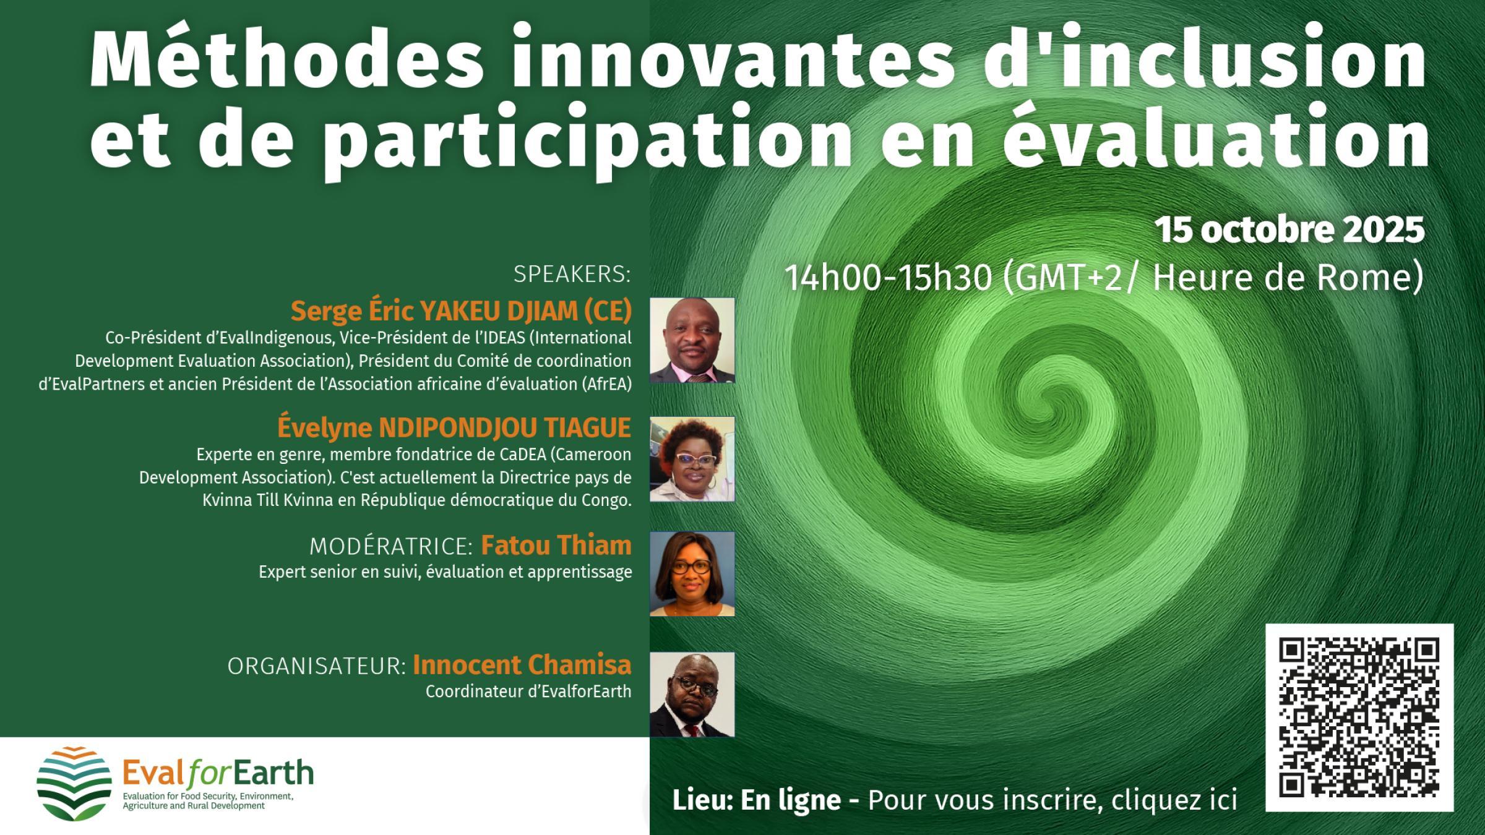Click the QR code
(x=1359, y=717)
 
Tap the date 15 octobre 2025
(x=1289, y=230)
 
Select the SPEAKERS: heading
(x=572, y=274)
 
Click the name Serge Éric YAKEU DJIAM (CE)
(x=462, y=311)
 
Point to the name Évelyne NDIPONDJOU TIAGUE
(x=454, y=427)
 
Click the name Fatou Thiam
(x=556, y=546)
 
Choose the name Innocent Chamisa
(x=522, y=665)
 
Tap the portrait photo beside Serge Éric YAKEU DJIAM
(x=692, y=340)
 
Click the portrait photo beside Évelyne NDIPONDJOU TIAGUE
(x=692, y=459)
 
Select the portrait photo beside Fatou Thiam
(x=692, y=574)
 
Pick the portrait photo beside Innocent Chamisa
(x=692, y=695)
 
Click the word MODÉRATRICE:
(x=391, y=547)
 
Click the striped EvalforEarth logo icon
(x=74, y=784)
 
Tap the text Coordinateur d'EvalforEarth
(x=528, y=692)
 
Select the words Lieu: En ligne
(x=756, y=800)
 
